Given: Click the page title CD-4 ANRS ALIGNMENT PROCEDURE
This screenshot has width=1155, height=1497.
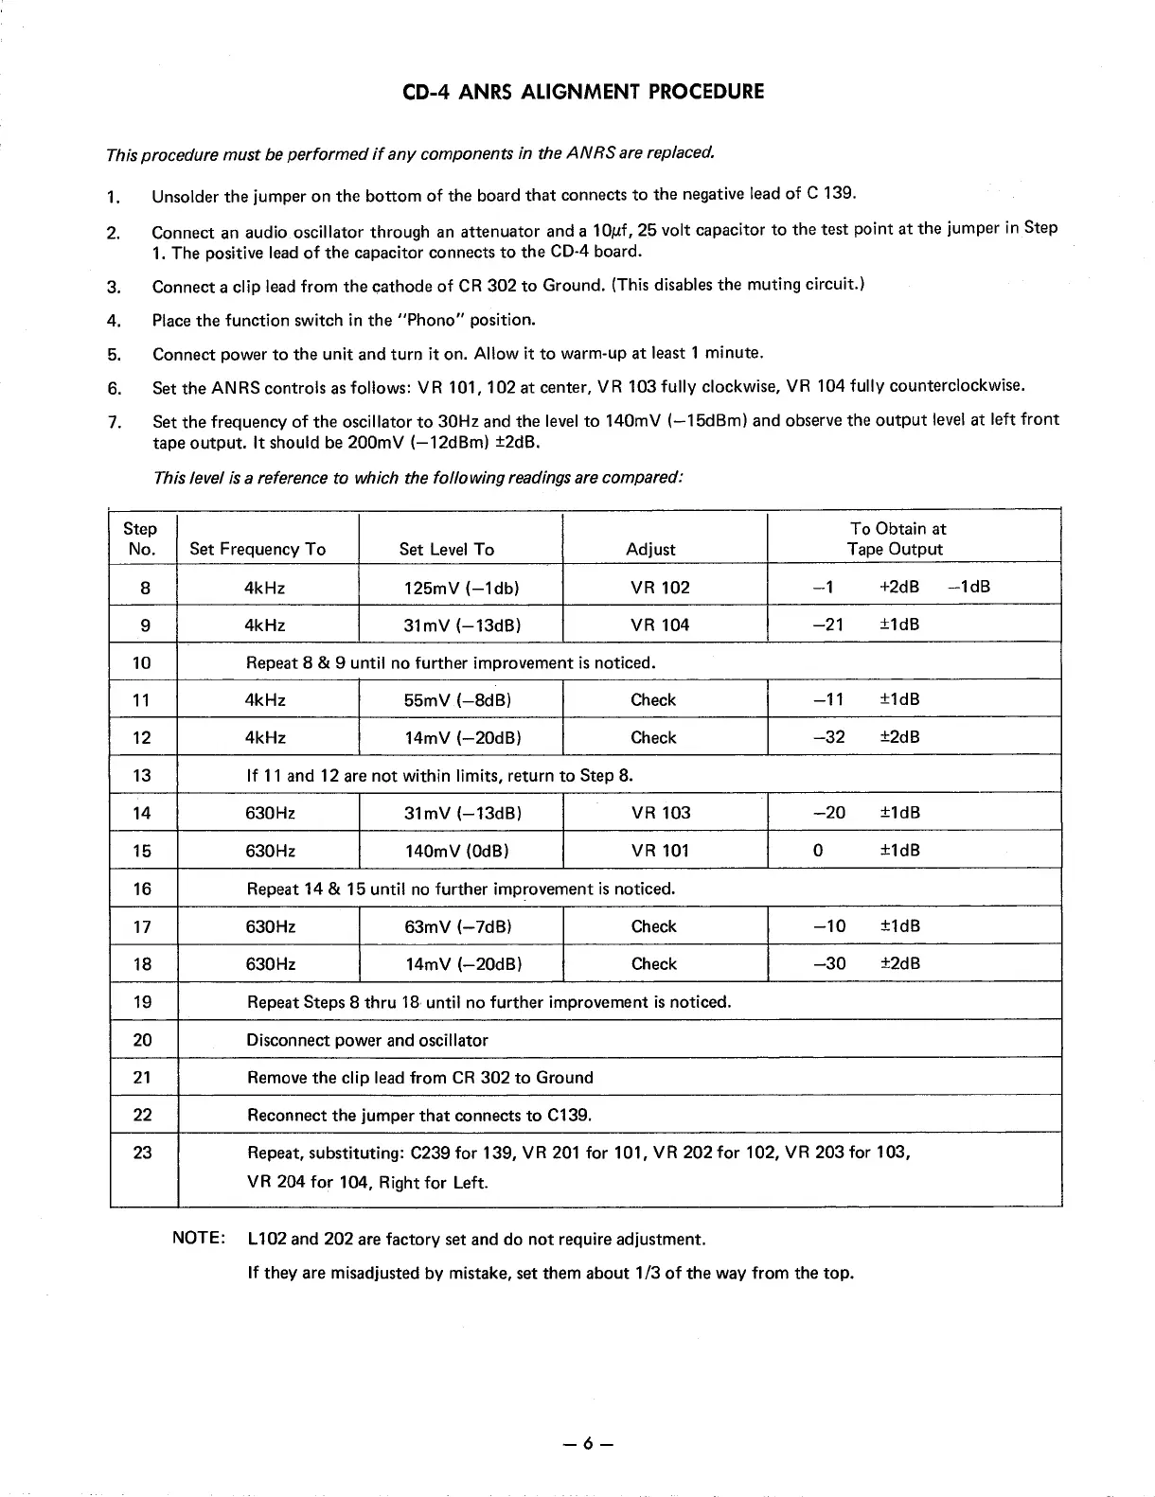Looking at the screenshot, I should point(577,92).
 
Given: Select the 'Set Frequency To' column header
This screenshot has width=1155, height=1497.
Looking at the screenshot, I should point(258,549).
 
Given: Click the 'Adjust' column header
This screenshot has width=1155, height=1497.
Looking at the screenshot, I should point(651,549).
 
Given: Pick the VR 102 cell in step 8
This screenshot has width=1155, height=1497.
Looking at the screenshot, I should point(660,587).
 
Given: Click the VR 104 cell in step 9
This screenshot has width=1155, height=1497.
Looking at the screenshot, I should point(660,625).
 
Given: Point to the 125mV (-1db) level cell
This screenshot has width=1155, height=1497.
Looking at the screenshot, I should point(460,587).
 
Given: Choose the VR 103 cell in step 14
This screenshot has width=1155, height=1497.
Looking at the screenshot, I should point(661,813).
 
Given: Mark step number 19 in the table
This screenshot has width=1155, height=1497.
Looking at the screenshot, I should point(143,1002).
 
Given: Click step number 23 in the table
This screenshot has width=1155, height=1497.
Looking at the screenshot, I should point(143,1152).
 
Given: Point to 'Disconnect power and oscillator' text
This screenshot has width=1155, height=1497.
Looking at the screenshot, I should point(367,1040).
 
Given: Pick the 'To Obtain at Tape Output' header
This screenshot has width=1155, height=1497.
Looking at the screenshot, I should point(896,538).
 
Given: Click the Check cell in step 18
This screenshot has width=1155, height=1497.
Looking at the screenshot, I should point(653,964).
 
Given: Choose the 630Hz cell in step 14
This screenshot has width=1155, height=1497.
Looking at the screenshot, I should point(271,813).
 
